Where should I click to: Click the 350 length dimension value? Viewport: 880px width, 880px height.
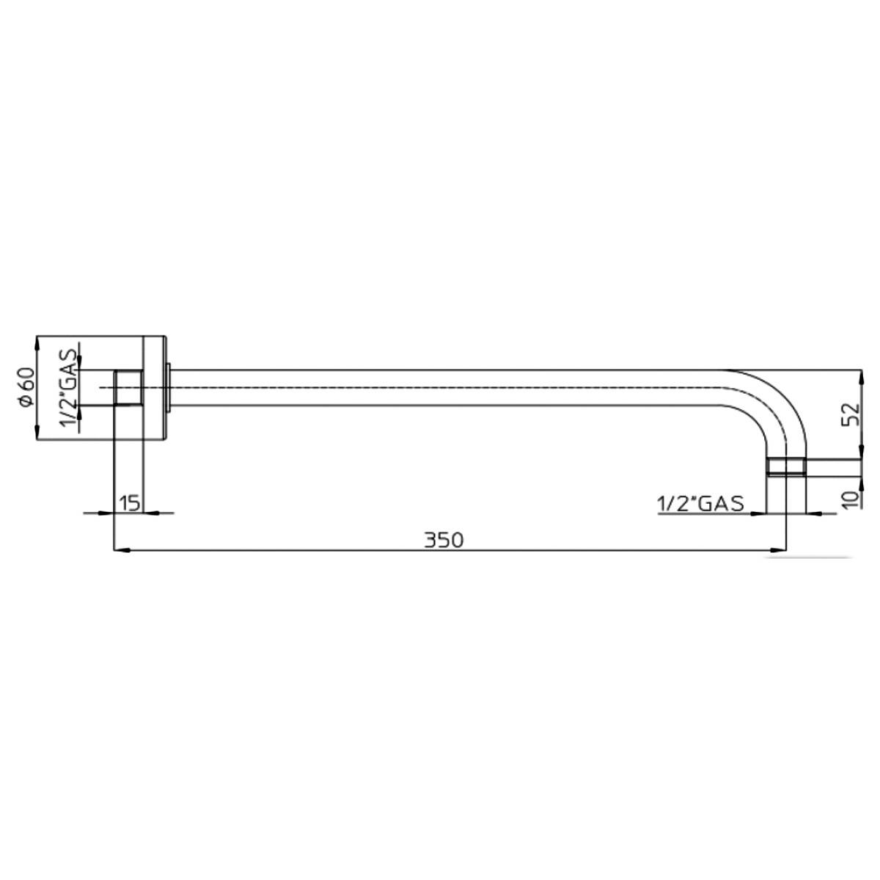[444, 540]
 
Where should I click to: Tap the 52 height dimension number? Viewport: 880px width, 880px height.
[851, 414]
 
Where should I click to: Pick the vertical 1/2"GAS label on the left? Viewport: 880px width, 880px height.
[67, 388]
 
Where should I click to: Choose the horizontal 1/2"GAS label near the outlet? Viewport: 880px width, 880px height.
[700, 504]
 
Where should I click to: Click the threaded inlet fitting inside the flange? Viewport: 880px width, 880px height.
[128, 387]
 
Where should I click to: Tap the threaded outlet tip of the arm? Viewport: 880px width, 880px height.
[786, 466]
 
